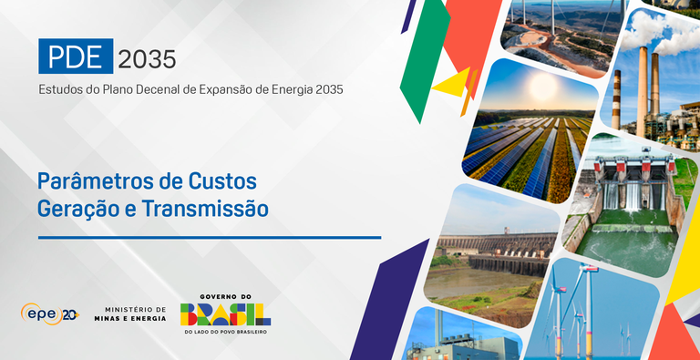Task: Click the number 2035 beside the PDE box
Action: click(147, 57)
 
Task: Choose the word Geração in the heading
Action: click(76, 208)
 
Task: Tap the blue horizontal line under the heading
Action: click(209, 237)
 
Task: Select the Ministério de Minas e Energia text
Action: click(135, 314)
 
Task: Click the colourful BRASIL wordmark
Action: click(225, 314)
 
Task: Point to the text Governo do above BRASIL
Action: click(225, 296)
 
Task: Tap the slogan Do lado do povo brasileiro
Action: click(225, 331)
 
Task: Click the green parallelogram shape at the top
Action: click(421, 64)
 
